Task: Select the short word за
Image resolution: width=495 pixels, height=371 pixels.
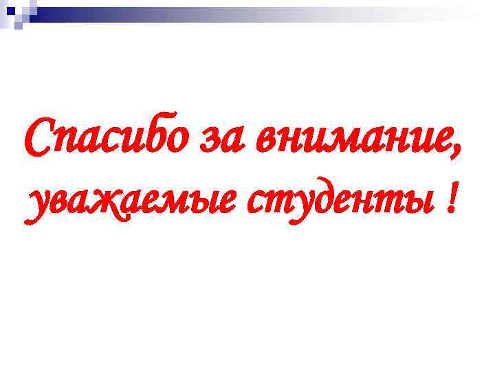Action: point(221,141)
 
